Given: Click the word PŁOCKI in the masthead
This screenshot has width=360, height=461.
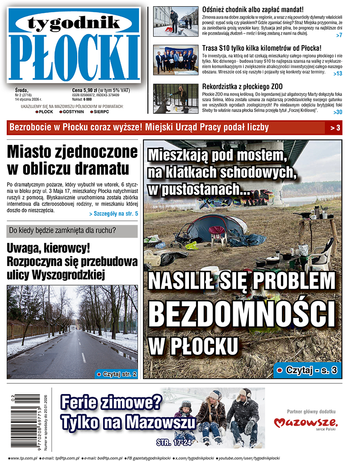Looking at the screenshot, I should pos(74,56).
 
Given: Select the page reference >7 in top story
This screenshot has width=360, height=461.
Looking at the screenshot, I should pos(339,35).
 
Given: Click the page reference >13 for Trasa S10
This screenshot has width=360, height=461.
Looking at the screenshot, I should pos(338,74).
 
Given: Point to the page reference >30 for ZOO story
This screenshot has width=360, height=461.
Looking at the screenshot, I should pos(338,112).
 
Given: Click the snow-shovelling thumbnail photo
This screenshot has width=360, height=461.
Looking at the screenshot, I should pos(176,21).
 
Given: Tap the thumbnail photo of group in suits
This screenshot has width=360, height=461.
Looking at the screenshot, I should pos(176,60).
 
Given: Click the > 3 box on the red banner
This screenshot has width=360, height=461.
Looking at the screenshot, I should pos(335,128).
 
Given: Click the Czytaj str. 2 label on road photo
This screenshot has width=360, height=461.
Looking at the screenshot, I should pos(116,374).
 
